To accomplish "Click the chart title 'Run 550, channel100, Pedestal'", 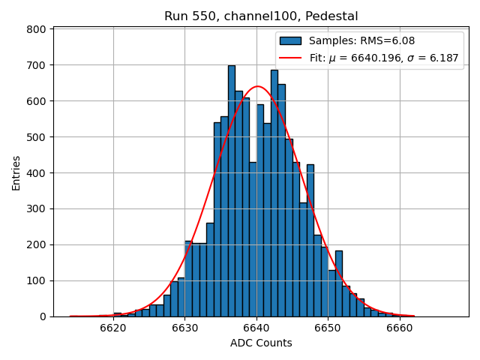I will click(261, 16).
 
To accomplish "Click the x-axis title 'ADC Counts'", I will click(261, 343).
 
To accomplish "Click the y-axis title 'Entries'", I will click(16, 172).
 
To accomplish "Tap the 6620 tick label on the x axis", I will click(113, 328).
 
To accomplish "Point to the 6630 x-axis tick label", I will click(184, 328).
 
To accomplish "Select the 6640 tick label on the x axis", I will click(256, 328).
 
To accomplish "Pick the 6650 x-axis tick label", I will click(328, 328).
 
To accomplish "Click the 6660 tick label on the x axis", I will click(399, 328).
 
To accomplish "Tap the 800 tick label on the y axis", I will click(38, 29).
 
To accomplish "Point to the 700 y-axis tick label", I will click(38, 65).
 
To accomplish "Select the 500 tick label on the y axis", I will click(38, 137).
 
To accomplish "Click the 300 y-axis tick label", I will click(38, 209).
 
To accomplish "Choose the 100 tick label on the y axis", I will click(38, 280).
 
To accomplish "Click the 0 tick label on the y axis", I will click(43, 316).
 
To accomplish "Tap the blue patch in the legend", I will click(290, 41).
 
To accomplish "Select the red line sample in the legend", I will click(290, 58).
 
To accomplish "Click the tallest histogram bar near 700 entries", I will click(232, 191).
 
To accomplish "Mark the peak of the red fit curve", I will click(256, 86).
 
